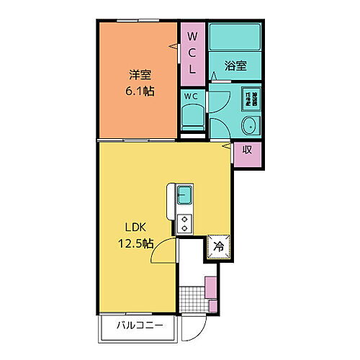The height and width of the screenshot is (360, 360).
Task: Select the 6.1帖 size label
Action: tap(139, 91)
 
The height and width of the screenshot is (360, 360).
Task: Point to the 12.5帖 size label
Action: tap(135, 243)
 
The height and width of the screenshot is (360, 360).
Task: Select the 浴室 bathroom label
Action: tap(235, 66)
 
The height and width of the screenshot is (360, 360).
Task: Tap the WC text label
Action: tap(191, 96)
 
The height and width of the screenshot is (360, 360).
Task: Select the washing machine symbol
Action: tap(250, 97)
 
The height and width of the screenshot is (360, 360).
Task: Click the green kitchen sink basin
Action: tap(184, 194)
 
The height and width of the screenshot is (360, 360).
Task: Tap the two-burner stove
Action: tap(184, 223)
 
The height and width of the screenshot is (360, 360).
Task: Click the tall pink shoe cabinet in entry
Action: tap(211, 288)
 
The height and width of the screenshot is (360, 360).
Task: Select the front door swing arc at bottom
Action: tap(193, 330)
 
